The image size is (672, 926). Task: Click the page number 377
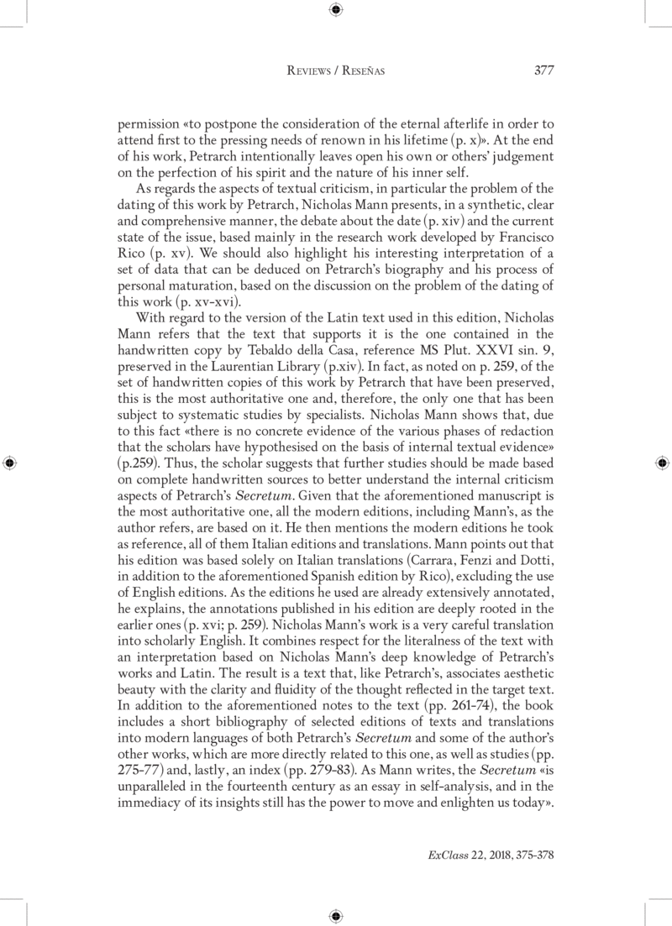[543, 71]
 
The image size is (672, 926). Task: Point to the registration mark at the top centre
[335, 10]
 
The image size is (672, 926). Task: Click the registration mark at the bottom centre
[335, 914]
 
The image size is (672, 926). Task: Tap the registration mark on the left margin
[10, 462]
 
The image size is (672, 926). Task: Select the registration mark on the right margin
[661, 462]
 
